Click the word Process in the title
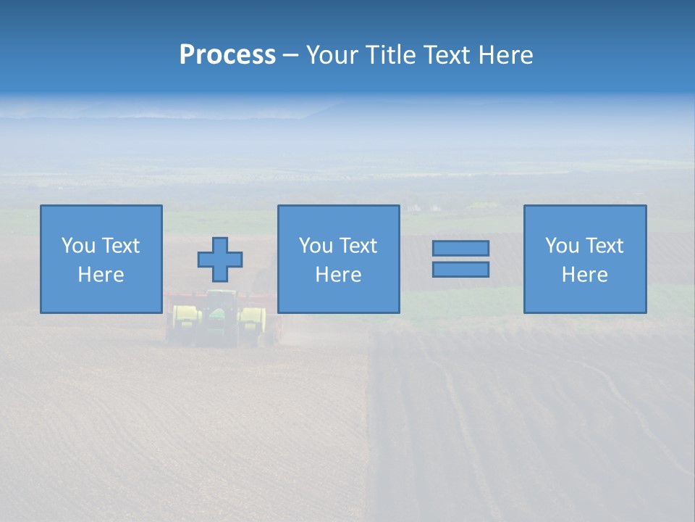coord(227,55)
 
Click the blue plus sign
coord(220,260)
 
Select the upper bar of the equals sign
coord(460,248)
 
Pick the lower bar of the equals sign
coord(460,270)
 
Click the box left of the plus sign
coord(101,259)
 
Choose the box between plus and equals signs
coord(338,259)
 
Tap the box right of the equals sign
coord(585,259)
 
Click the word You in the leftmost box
coord(78,246)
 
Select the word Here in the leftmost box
coord(101,275)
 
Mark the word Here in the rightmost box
coord(585,275)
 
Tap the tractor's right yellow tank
coord(252,325)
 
